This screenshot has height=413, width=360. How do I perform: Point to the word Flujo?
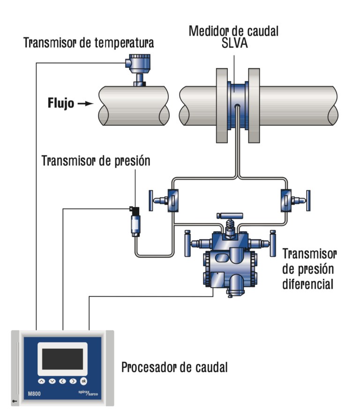tap(61, 103)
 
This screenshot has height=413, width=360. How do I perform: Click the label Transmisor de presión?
tap(96, 161)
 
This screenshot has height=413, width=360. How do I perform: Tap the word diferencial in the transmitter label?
tap(307, 284)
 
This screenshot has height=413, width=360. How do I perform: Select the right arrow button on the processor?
tap(73, 381)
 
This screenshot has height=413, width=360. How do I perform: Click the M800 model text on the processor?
tap(34, 394)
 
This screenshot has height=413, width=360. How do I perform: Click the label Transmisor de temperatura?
tap(89, 44)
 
